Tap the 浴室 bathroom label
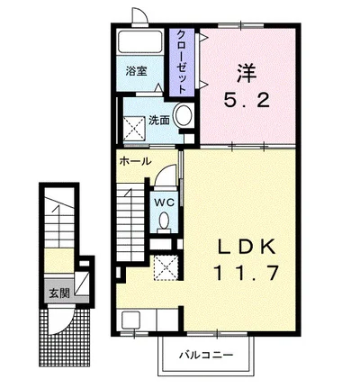coord(138,71)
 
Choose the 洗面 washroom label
coord(159,119)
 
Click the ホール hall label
coord(135,162)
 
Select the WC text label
coord(164,203)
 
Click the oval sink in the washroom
coord(183,116)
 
